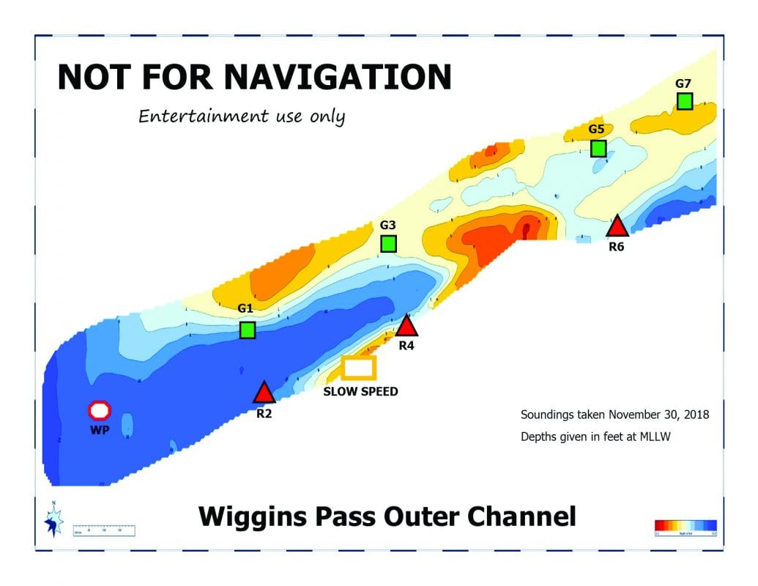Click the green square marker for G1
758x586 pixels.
[x=248, y=330]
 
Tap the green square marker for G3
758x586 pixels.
[x=388, y=243]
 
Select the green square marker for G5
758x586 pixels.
[x=598, y=148]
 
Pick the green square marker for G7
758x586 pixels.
[x=685, y=101]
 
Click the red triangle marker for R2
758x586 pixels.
[x=264, y=394]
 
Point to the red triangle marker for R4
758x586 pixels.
[x=406, y=326]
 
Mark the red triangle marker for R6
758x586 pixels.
[x=617, y=227]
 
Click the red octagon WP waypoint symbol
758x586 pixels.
[x=100, y=410]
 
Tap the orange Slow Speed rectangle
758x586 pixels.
[x=359, y=367]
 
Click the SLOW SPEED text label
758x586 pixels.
[x=360, y=392]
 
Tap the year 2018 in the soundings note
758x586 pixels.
[x=694, y=415]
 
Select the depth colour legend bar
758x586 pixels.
[x=685, y=524]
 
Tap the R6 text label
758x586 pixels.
[x=617, y=248]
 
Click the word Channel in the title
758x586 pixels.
[x=522, y=516]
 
